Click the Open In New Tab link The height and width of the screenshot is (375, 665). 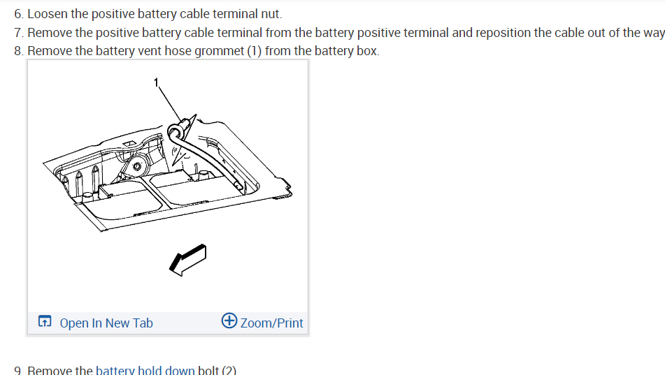[106, 323]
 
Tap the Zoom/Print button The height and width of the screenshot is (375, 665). [271, 323]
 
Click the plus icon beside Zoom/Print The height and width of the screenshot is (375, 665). [229, 321]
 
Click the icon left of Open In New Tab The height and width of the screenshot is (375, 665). [45, 322]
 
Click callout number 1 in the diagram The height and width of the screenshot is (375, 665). [157, 82]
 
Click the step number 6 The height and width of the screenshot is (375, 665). [18, 14]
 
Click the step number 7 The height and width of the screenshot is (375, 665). [18, 33]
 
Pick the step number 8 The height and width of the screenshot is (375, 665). [18, 51]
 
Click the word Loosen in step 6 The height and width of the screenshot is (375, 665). [47, 14]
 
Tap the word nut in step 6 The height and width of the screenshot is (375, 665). [271, 14]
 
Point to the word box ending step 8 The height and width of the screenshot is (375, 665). [368, 51]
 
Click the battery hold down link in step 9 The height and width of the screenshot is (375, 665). [145, 369]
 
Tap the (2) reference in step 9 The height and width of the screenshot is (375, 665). [229, 369]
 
